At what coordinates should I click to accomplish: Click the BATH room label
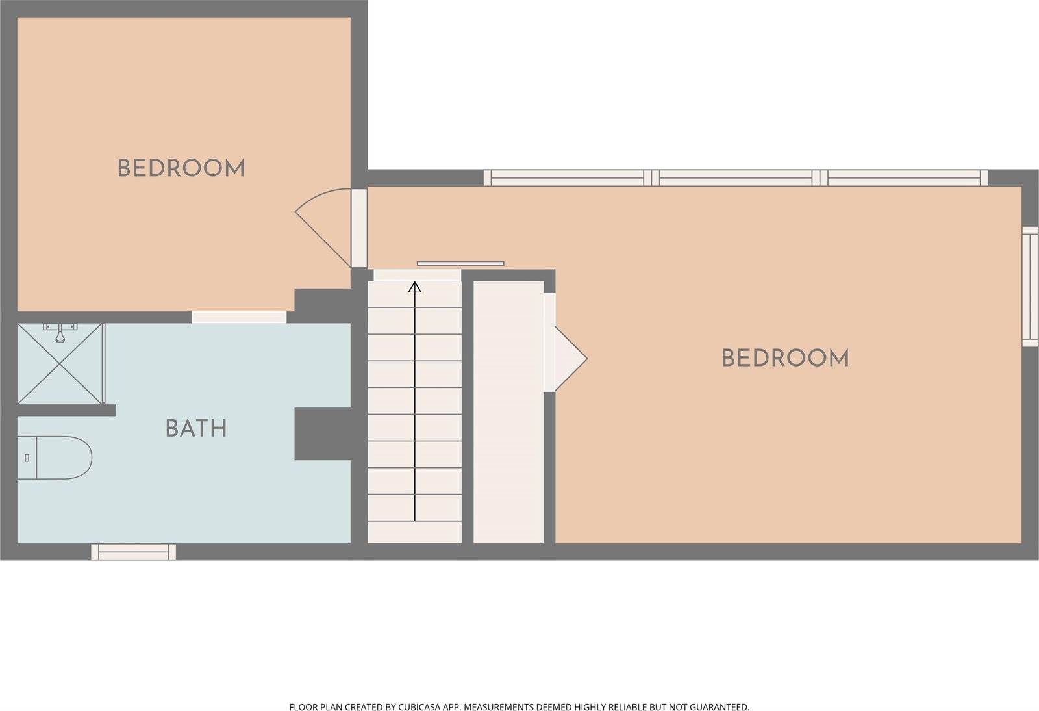(196, 428)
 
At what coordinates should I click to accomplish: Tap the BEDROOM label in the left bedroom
(181, 168)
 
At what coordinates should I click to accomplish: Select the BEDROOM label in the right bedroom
(785, 358)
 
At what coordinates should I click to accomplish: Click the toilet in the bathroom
(55, 458)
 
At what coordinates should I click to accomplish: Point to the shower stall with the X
(61, 363)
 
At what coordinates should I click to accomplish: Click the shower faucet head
(60, 333)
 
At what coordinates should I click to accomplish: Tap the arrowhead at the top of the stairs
(415, 287)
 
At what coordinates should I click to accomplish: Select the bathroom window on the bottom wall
(134, 552)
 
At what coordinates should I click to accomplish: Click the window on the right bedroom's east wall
(1030, 287)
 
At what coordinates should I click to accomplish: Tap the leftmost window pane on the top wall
(568, 178)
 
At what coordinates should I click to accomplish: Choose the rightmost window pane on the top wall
(904, 178)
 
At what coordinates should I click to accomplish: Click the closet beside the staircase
(508, 412)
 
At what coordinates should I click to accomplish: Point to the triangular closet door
(571, 358)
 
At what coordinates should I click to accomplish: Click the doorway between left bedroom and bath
(239, 317)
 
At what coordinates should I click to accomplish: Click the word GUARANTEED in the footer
(720, 707)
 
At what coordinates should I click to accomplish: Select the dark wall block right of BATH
(323, 434)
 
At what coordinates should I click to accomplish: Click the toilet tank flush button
(27, 458)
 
